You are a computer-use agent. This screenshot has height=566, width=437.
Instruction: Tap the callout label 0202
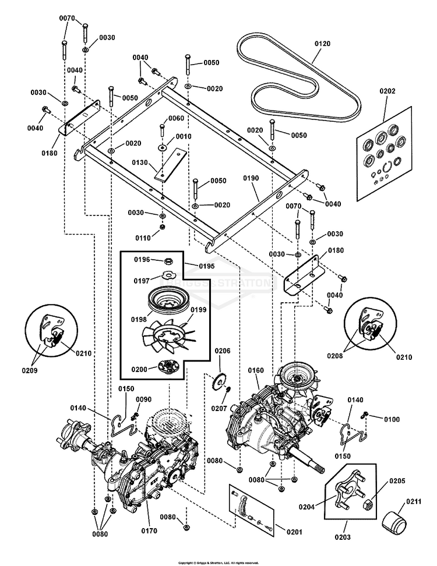click(x=387, y=91)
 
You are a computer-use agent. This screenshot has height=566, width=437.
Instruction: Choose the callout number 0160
click(x=256, y=370)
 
